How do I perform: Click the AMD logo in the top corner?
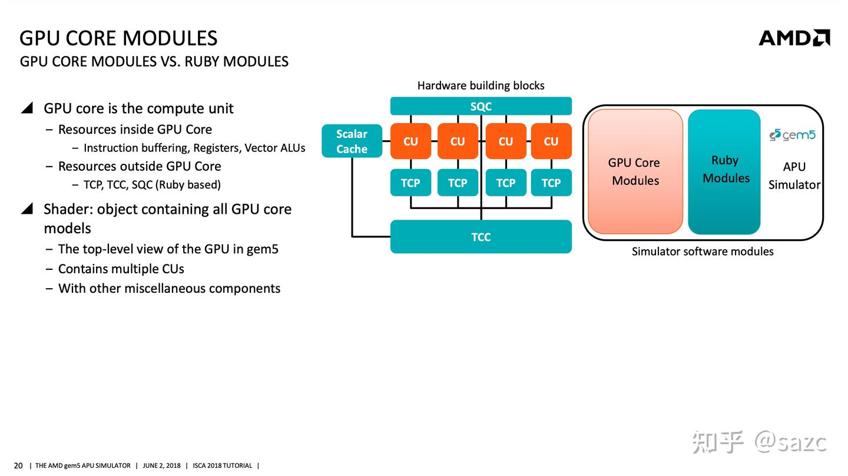[x=794, y=38]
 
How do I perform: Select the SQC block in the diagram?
[x=481, y=107]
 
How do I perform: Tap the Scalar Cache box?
[x=352, y=141]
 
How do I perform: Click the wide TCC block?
[x=481, y=237]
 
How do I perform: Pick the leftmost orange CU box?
[x=410, y=141]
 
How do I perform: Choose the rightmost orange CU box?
[x=551, y=141]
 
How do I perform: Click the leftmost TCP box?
[x=410, y=183]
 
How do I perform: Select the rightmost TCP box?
[x=551, y=183]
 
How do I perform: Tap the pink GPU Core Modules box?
[x=635, y=171]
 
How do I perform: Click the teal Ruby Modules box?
[x=724, y=171]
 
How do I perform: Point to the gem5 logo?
[x=792, y=135]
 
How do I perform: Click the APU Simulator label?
[x=794, y=176]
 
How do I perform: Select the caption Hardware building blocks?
[x=481, y=85]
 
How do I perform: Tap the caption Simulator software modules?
[x=702, y=252]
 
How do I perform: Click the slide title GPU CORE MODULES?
[x=118, y=38]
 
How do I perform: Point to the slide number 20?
[x=18, y=466]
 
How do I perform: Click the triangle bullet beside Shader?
[x=27, y=209]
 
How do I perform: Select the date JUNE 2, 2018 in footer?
[x=161, y=466]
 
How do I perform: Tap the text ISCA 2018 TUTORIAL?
[x=222, y=466]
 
